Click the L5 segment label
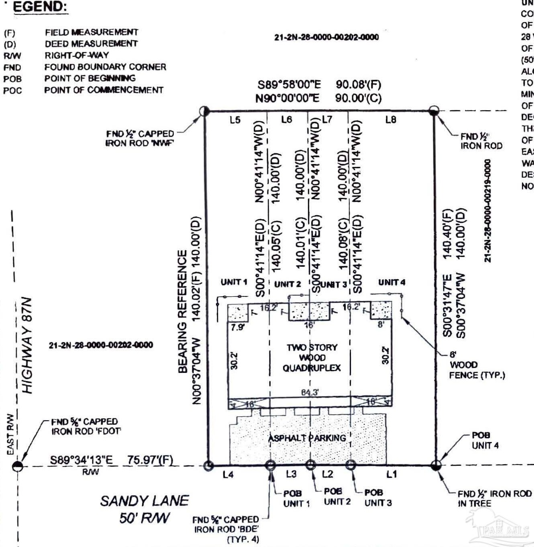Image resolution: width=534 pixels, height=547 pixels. tap(235, 119)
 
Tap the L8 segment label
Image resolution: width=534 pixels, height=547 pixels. tap(390, 119)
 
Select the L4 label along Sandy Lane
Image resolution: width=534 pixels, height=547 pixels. tap(228, 475)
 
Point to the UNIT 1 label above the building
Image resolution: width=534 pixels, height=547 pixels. tap(234, 282)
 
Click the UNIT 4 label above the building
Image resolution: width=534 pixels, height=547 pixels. tap(391, 282)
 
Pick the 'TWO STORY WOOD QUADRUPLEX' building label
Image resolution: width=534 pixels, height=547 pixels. tap(312, 358)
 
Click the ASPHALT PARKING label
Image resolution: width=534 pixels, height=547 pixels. tap(307, 438)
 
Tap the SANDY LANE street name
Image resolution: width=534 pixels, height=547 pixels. tap(144, 501)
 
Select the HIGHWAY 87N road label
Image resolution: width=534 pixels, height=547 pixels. tap(27, 345)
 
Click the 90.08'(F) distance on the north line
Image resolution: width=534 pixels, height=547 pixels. tap(358, 84)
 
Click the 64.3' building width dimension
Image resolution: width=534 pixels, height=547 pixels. tap(310, 392)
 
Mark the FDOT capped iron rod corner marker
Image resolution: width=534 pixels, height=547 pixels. tap(18, 467)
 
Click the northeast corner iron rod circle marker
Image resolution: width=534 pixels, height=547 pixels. tap(434, 111)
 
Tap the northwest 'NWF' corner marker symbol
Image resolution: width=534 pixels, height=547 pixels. tap(205, 111)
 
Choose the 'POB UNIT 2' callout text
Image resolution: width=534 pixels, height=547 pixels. tap(337, 496)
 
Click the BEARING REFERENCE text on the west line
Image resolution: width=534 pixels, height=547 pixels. tap(183, 312)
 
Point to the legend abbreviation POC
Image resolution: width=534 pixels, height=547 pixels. tap(12, 90)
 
